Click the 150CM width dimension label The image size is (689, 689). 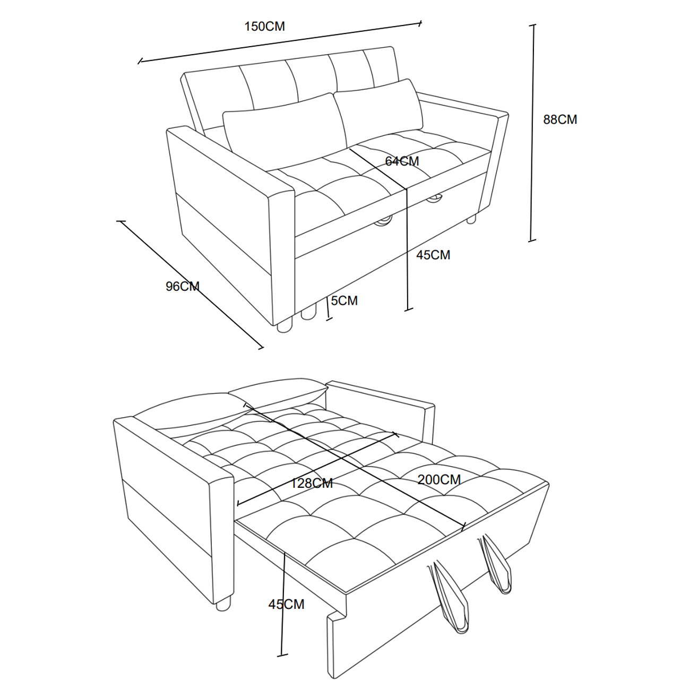click(x=264, y=27)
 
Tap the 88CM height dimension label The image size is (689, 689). click(x=560, y=119)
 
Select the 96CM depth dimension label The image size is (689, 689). click(x=183, y=287)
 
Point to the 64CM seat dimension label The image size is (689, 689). click(x=402, y=161)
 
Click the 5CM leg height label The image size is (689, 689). click(x=344, y=300)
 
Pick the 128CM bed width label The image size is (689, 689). click(x=311, y=484)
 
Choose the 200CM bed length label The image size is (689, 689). click(x=439, y=479)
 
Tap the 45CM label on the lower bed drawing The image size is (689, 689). click(x=286, y=604)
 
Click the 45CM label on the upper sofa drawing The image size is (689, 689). click(x=433, y=255)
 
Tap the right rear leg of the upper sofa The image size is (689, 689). click(x=472, y=219)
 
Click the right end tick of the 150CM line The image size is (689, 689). click(x=420, y=23)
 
